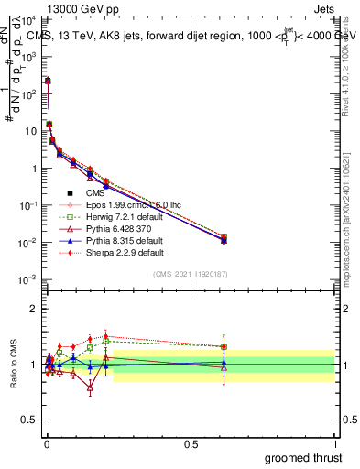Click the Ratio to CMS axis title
pyautogui.click(x=13, y=365)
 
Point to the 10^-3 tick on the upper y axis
pyautogui.click(x=27, y=279)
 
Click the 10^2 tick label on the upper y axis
pyautogui.click(x=27, y=93)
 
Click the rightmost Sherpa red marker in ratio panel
pyautogui.click(x=224, y=346)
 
